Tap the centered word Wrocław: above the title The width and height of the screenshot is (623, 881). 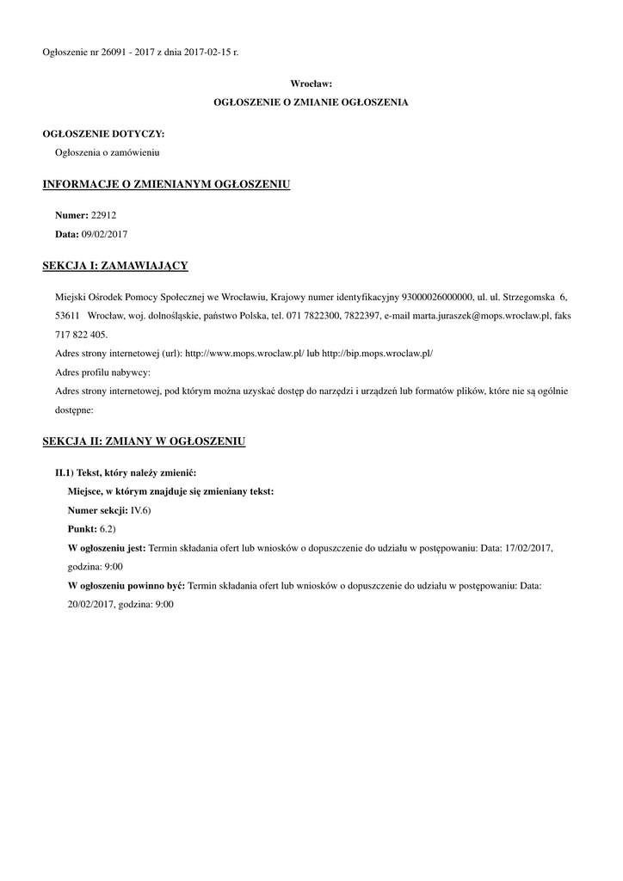pyautogui.click(x=311, y=83)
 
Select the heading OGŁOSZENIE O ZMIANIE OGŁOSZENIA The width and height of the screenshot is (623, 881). pyautogui.click(x=311, y=102)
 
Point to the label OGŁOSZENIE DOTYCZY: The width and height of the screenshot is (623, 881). pyautogui.click(x=103, y=133)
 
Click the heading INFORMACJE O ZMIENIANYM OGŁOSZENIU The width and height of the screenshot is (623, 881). pyautogui.click(x=166, y=184)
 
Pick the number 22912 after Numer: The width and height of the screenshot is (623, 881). pyautogui.click(x=104, y=215)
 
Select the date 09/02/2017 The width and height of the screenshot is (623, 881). pyautogui.click(x=104, y=234)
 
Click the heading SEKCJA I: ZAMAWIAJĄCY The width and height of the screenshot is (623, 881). pyautogui.click(x=115, y=266)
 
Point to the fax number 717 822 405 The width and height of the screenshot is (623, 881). pyautogui.click(x=81, y=335)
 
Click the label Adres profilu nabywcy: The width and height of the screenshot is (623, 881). pyautogui.click(x=102, y=373)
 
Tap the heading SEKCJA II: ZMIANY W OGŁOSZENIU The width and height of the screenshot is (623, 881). pyautogui.click(x=144, y=442)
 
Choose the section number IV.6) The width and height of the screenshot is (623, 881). pyautogui.click(x=141, y=510)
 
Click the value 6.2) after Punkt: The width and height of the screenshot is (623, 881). pyautogui.click(x=108, y=529)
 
